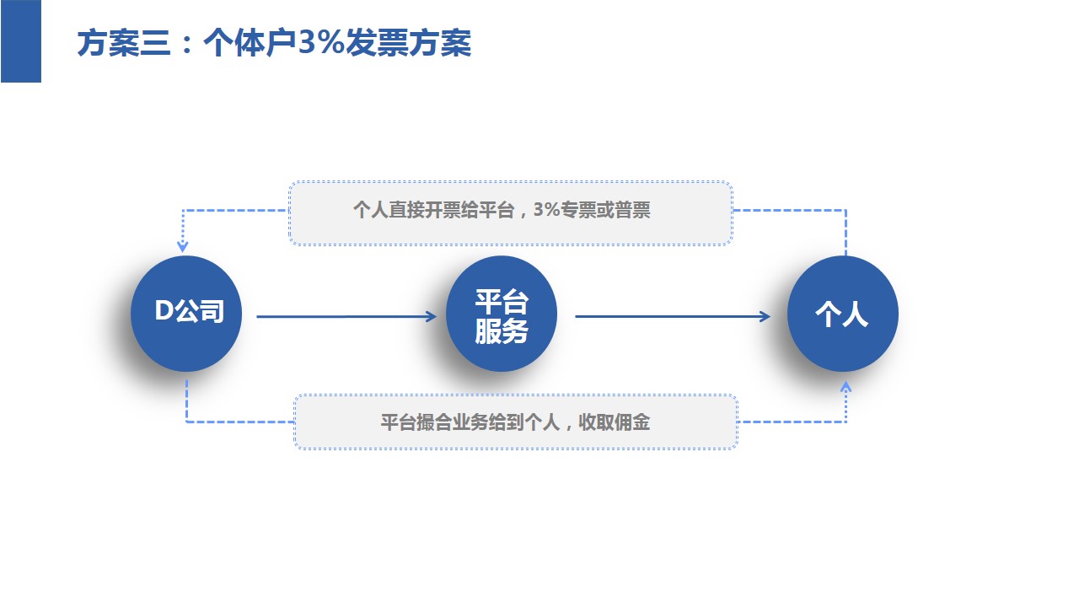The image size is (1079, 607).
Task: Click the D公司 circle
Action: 186,314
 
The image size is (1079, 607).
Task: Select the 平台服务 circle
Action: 502,314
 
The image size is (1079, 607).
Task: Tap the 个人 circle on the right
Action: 842,314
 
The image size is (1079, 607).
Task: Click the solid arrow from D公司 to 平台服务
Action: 346,317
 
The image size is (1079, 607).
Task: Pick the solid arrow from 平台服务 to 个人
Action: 672,317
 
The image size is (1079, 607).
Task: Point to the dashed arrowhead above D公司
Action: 182,247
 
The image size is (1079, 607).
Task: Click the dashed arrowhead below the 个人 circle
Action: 846,387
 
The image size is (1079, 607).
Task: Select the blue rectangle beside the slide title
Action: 20,40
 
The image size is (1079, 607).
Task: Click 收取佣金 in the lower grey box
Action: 618,422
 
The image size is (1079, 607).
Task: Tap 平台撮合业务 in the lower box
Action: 430,422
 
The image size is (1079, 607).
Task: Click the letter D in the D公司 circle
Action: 164,311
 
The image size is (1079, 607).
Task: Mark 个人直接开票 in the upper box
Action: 403,211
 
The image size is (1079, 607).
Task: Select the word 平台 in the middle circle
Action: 502,301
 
